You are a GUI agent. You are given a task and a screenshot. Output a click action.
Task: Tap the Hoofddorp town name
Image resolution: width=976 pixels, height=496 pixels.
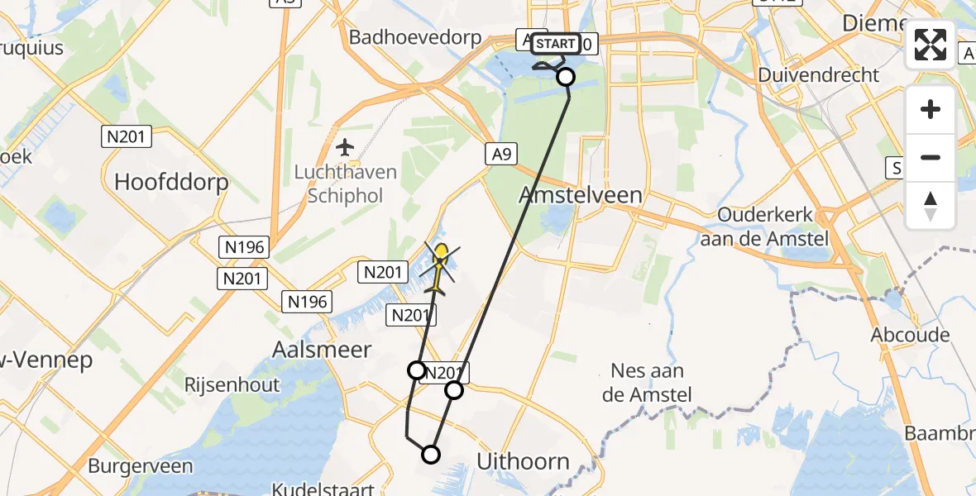pyautogui.click(x=171, y=182)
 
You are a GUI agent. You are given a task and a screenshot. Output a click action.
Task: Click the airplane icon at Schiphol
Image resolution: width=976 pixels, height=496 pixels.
pyautogui.click(x=345, y=148)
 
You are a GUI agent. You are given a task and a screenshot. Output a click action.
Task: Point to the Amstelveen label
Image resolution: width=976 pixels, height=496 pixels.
pyautogui.click(x=580, y=195)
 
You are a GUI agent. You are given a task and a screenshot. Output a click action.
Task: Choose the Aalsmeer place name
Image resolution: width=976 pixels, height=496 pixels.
pyautogui.click(x=322, y=350)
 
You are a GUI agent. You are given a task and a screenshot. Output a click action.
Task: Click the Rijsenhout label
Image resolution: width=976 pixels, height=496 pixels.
pyautogui.click(x=232, y=385)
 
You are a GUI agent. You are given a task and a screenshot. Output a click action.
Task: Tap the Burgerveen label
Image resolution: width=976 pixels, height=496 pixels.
pyautogui.click(x=140, y=465)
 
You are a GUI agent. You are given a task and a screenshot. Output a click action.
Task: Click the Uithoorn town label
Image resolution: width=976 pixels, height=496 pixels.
pyautogui.click(x=524, y=461)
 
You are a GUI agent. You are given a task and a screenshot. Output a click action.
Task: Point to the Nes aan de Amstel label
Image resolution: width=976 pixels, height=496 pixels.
pyautogui.click(x=647, y=383)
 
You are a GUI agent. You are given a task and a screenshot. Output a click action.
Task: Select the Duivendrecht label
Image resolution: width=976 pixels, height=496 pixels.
pyautogui.click(x=819, y=74)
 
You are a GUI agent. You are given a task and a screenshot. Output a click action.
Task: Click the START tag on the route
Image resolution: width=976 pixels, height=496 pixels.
pyautogui.click(x=555, y=44)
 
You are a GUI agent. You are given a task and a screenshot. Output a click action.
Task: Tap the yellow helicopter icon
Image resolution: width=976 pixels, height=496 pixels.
pyautogui.click(x=440, y=265)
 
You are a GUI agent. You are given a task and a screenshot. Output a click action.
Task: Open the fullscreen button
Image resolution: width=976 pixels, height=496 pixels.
pyautogui.click(x=931, y=45)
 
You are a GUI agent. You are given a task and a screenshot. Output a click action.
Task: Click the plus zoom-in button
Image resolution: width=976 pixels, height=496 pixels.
pyautogui.click(x=931, y=109)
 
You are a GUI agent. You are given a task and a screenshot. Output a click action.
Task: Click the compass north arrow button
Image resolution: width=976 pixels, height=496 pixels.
pyautogui.click(x=931, y=204)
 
